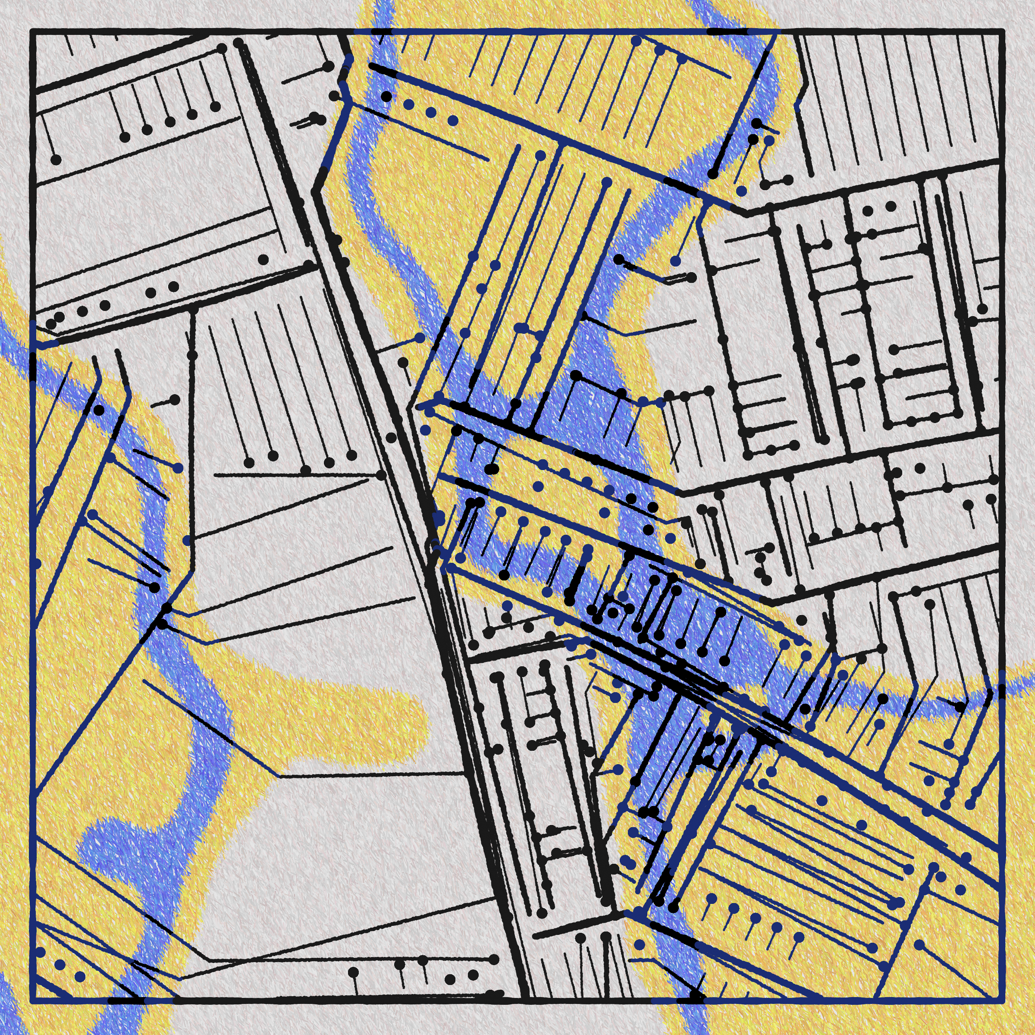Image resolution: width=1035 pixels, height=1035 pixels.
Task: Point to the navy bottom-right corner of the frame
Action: (x=1000, y=1000)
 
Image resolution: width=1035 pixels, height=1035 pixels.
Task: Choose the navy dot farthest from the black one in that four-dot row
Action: (x=453, y=121)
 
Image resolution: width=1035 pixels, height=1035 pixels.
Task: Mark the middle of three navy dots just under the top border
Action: (x=659, y=51)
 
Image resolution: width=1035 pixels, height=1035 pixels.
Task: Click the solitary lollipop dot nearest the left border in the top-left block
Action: (x=56, y=160)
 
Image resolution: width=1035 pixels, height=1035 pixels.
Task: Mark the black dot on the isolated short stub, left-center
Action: (x=175, y=400)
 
